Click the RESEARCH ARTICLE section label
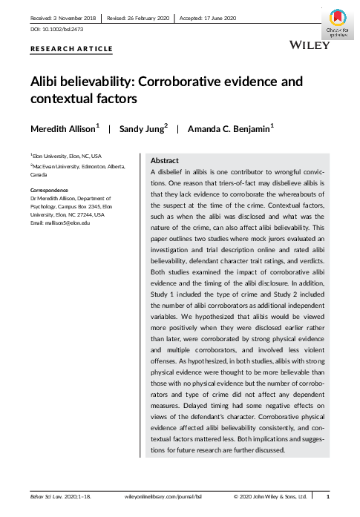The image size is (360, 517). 71,49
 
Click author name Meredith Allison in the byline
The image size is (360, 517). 64,128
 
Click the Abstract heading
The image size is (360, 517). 164,160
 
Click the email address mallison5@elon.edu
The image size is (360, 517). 68,223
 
